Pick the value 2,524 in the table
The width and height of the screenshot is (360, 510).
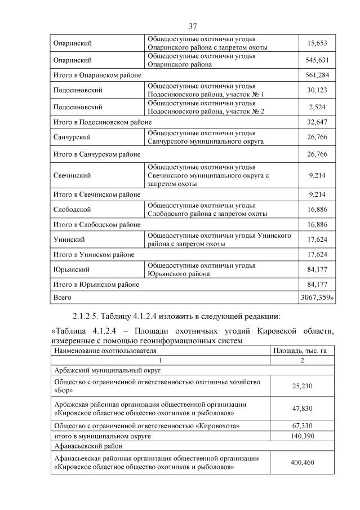318,107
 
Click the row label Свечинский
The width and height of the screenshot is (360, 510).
72,175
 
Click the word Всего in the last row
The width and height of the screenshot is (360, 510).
62,296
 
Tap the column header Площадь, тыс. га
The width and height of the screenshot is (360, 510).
300,351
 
